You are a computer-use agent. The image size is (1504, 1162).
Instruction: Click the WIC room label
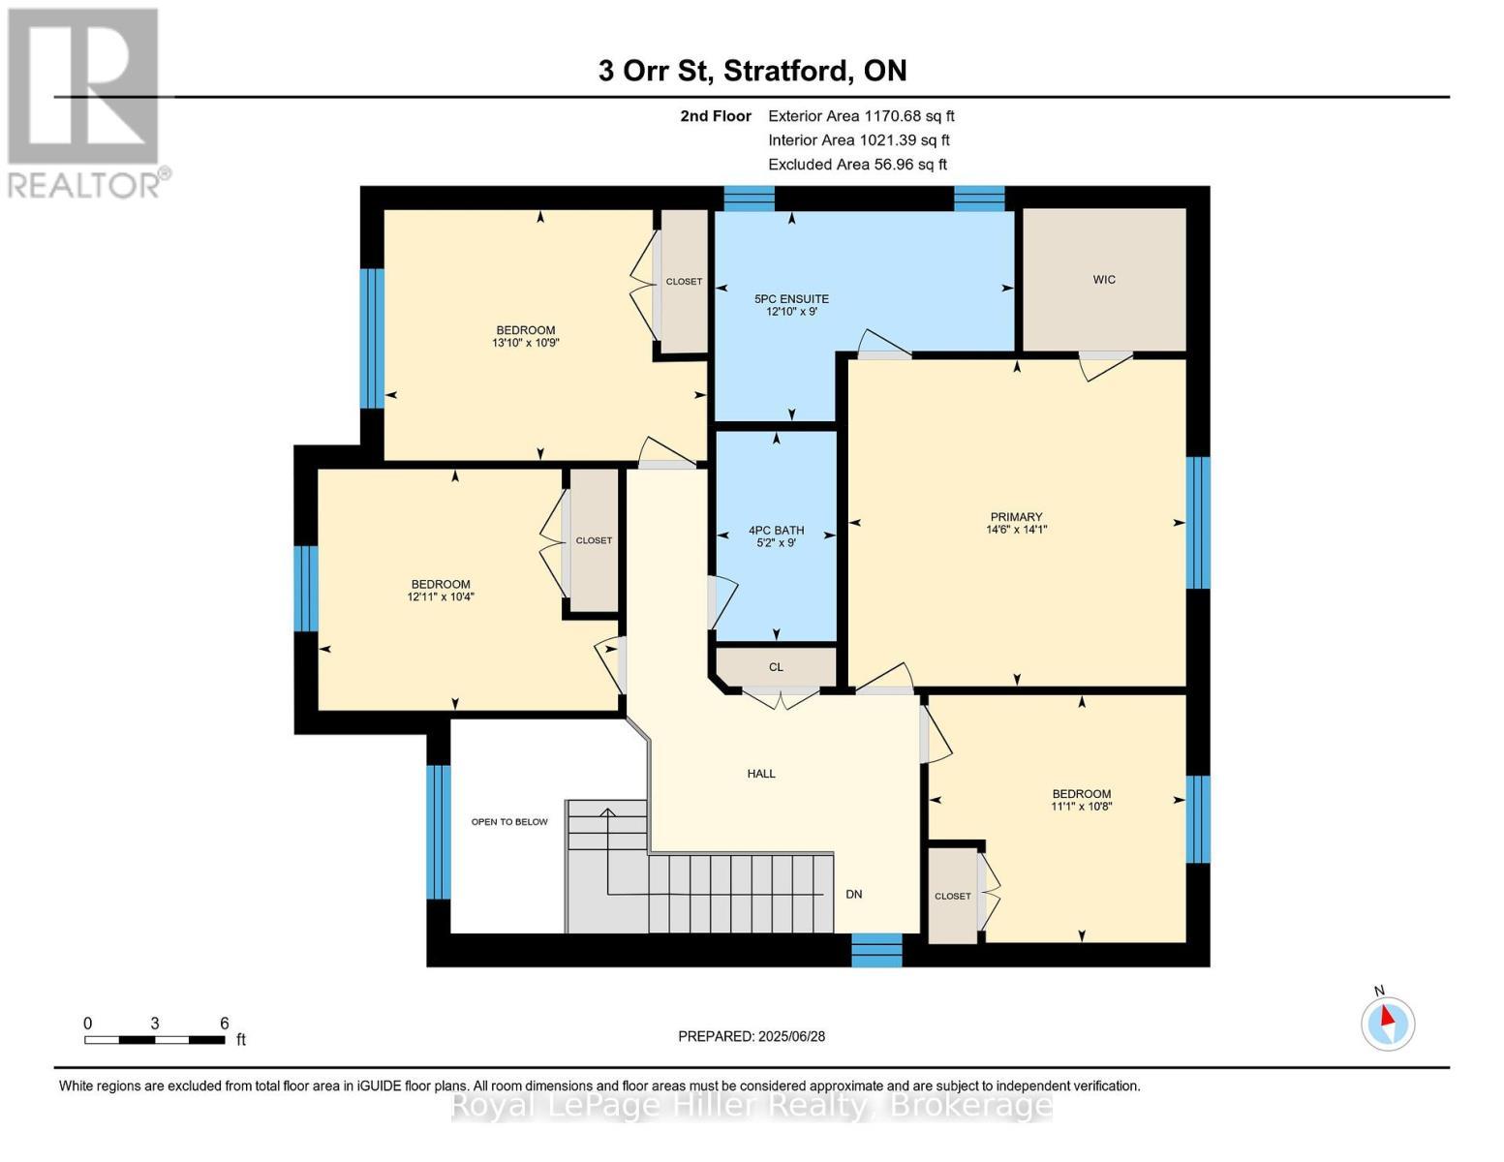[1103, 280]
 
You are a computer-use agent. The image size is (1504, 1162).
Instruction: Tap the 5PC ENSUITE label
[791, 299]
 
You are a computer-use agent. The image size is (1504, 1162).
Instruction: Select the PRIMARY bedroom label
[1016, 517]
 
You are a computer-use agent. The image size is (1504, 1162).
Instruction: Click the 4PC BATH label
[776, 530]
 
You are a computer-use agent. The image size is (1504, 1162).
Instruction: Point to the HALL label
[760, 774]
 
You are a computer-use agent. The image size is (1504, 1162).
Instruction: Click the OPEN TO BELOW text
[509, 822]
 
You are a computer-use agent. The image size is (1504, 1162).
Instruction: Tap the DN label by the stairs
[853, 894]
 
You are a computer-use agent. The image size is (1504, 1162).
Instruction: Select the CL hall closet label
[776, 667]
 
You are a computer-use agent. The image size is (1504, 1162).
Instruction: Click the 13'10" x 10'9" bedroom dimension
[525, 343]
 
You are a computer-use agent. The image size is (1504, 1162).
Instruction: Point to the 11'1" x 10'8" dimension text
[1081, 807]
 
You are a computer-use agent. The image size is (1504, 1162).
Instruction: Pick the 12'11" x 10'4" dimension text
[441, 596]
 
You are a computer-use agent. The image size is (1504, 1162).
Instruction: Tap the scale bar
[154, 1039]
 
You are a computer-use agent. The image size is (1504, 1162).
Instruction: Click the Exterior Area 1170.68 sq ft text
[861, 116]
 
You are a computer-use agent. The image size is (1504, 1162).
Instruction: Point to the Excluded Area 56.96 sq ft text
[857, 165]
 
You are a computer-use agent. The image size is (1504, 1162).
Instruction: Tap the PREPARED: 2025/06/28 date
[752, 1036]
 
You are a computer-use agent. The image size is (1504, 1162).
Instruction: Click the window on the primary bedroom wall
[1198, 523]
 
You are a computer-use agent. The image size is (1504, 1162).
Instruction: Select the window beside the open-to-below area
[438, 832]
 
